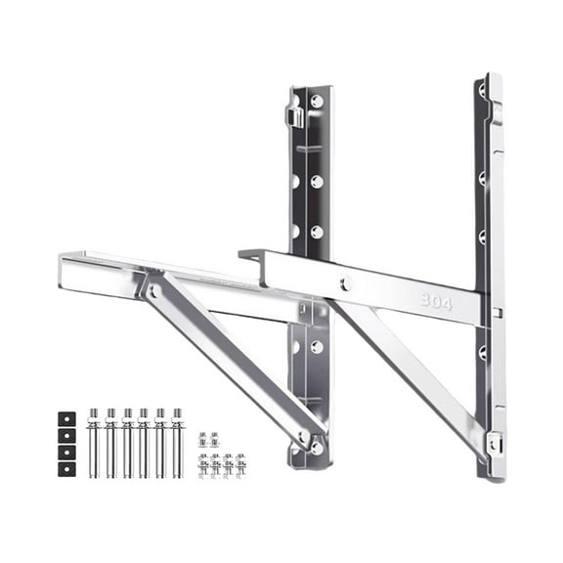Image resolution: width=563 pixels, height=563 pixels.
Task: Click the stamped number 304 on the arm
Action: pyautogui.click(x=436, y=302)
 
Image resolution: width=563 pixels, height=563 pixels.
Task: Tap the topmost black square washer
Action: pyautogui.click(x=66, y=417)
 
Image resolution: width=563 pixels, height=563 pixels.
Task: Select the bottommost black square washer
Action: pyautogui.click(x=66, y=468)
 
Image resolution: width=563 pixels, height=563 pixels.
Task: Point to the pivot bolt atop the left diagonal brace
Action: pyautogui.click(x=152, y=290)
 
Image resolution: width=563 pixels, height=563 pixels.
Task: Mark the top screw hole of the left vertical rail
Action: pyautogui.click(x=317, y=101)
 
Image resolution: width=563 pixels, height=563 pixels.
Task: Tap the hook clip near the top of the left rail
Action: pyautogui.click(x=293, y=117)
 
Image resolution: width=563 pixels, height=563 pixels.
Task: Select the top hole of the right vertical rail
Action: pyautogui.click(x=482, y=91)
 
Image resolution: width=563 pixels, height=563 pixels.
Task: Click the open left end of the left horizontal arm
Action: pyautogui.click(x=65, y=273)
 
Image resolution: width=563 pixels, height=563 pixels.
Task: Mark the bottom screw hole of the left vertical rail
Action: pyautogui.click(x=316, y=447)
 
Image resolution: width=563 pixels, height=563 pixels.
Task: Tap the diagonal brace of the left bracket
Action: pyautogui.click(x=230, y=362)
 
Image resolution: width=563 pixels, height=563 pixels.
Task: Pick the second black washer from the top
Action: pyautogui.click(x=66, y=434)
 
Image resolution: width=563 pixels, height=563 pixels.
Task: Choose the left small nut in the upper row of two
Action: pyautogui.click(x=203, y=441)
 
